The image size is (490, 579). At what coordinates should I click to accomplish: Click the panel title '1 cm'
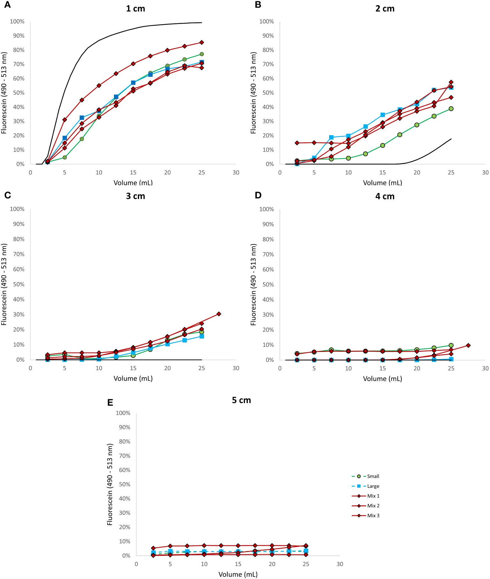(135, 9)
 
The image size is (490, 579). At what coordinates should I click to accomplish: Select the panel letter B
(258, 5)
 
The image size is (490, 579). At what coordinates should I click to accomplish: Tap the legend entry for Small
(373, 476)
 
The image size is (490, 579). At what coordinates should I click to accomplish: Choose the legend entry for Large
(373, 486)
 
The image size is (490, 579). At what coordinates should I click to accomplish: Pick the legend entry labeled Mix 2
(373, 506)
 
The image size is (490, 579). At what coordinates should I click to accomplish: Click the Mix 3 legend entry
(373, 516)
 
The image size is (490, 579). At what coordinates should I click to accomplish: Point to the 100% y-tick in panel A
(17, 21)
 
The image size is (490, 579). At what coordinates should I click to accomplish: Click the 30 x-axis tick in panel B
(485, 172)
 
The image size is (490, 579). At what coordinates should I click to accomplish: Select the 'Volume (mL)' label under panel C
(133, 378)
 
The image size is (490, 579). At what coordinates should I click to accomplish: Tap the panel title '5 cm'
(241, 400)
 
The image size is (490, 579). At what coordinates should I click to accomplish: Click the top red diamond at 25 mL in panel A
(202, 42)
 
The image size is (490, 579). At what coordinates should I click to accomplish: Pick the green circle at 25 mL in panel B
(451, 109)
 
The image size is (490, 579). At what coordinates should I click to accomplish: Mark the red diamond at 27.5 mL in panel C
(219, 314)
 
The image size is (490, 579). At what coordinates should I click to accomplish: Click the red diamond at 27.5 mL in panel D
(468, 345)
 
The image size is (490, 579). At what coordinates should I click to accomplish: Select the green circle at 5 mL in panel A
(64, 158)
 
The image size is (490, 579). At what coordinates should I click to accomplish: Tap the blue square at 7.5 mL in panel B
(331, 137)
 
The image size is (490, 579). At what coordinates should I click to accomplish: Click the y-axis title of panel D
(253, 284)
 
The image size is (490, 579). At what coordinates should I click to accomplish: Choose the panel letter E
(110, 403)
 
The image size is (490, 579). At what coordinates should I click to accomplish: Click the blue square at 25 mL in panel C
(202, 336)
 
